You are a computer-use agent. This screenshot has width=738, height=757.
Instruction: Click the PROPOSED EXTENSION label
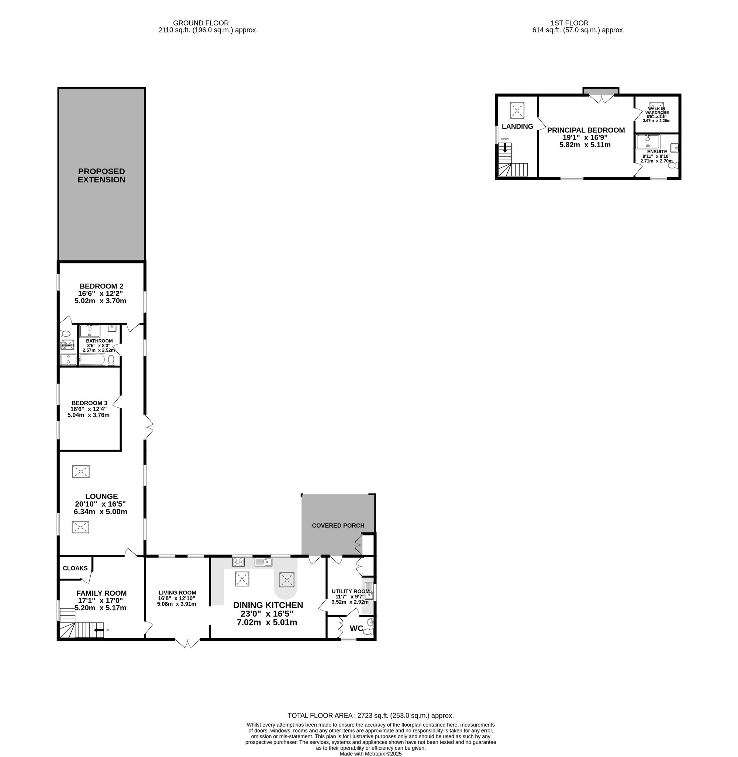(101, 175)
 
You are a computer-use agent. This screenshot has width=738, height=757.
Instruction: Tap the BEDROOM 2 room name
(101, 286)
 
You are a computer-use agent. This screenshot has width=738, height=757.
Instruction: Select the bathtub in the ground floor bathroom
(92, 360)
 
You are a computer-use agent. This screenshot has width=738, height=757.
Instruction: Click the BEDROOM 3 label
(89, 403)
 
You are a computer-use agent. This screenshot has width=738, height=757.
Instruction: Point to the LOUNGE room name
(101, 496)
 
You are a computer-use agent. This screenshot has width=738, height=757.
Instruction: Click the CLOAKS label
(75, 568)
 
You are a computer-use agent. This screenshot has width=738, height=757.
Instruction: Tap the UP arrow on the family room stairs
(99, 630)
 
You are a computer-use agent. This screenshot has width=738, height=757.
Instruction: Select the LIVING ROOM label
(177, 593)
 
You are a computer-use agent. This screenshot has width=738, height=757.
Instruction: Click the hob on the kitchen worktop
(238, 562)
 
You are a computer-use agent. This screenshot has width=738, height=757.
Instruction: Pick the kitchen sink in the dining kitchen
(263, 562)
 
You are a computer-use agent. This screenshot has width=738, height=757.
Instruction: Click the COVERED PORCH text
(338, 525)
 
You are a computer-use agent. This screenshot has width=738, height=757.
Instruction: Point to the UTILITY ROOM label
(351, 592)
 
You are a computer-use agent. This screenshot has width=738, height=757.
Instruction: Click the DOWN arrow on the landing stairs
(505, 147)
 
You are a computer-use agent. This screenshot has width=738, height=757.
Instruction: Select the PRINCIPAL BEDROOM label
(586, 130)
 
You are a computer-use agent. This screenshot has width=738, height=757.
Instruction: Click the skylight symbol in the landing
(517, 110)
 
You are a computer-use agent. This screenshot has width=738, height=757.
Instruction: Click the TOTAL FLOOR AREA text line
(370, 716)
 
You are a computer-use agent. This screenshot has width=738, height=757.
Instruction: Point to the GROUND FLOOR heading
(201, 23)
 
